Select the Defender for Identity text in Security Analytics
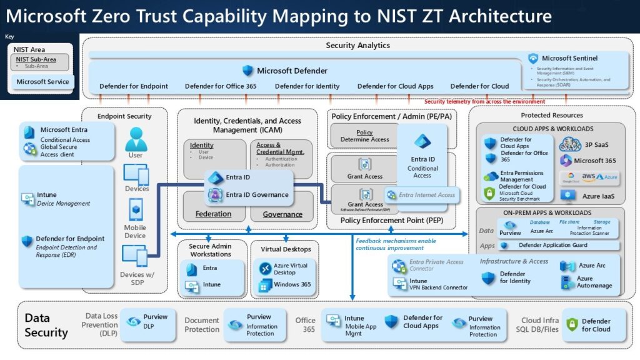pyautogui.click(x=307, y=86)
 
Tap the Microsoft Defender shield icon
pyautogui.click(x=248, y=71)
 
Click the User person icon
pyautogui.click(x=135, y=139)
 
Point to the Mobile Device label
pyautogui.click(x=135, y=231)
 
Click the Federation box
pyautogui.click(x=213, y=214)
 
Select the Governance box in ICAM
pyautogui.click(x=282, y=214)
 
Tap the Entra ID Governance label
pyautogui.click(x=257, y=194)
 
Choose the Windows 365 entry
pyautogui.click(x=292, y=285)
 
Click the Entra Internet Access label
pyautogui.click(x=427, y=195)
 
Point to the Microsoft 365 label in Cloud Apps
pyautogui.click(x=594, y=161)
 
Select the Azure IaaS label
pyautogui.click(x=599, y=196)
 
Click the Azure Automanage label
pyautogui.click(x=594, y=282)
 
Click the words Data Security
pyautogui.click(x=46, y=325)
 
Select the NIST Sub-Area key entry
pyautogui.click(x=36, y=59)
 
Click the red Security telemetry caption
pyautogui.click(x=484, y=101)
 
